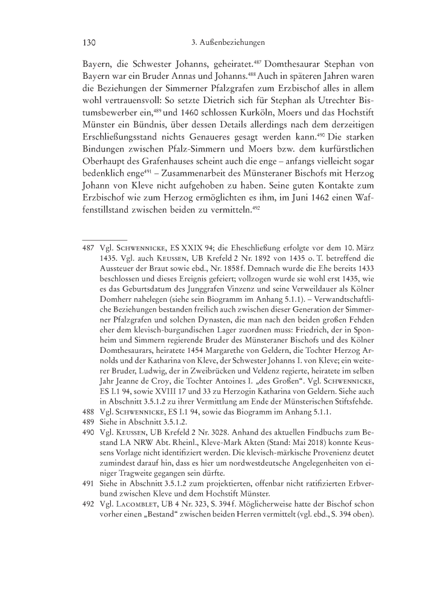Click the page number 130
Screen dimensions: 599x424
click(90, 43)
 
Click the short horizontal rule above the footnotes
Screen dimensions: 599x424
click(104, 239)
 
